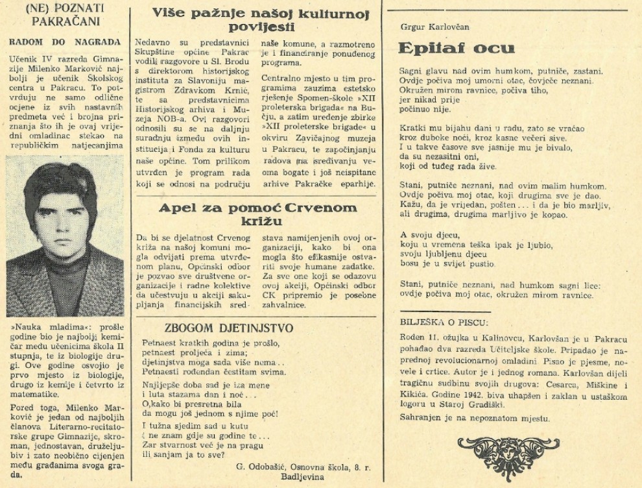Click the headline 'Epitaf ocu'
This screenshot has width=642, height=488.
(457, 49)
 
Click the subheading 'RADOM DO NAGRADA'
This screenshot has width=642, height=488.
(64, 42)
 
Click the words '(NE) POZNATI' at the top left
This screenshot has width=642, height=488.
(64, 10)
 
